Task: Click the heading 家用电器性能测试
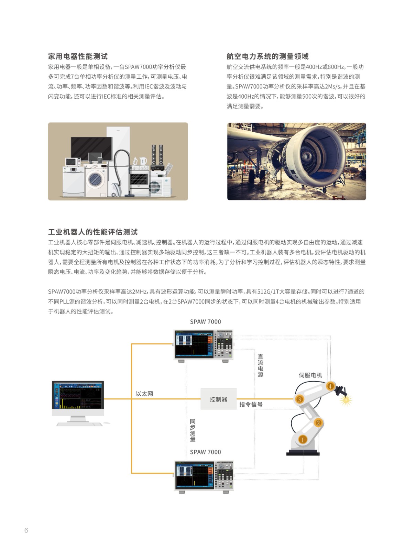point(78,56)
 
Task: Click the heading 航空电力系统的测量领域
point(267,56)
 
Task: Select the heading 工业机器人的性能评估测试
point(93,232)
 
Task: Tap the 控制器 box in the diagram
point(218,399)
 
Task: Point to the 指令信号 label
point(251,404)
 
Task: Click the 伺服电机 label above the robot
point(310,375)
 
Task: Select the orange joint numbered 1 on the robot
point(303,440)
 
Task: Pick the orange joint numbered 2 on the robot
point(318,422)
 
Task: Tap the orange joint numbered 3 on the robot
point(299,399)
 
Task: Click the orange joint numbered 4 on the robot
point(330,386)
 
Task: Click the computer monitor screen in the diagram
point(78,395)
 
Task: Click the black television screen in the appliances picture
point(91,148)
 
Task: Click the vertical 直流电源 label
point(260,365)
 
